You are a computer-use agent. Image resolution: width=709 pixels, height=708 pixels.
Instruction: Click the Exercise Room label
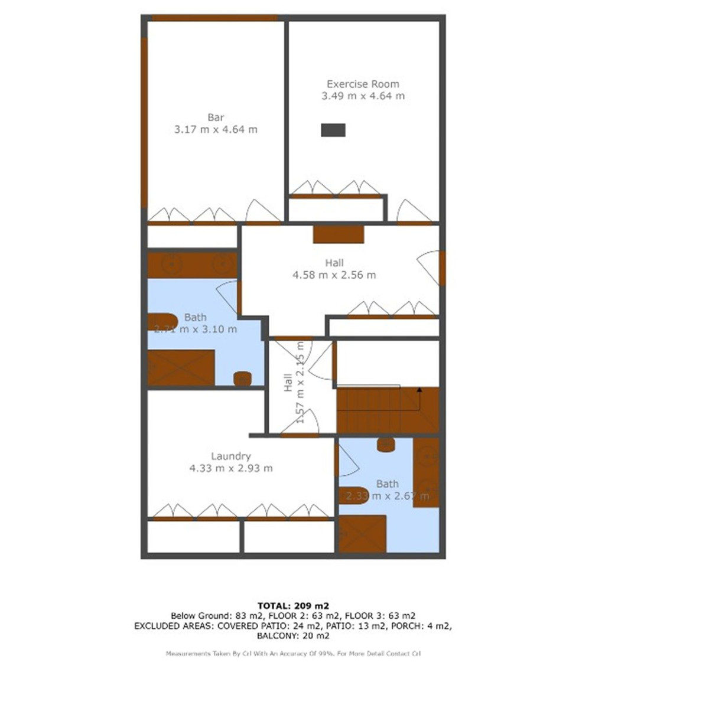pos(363,84)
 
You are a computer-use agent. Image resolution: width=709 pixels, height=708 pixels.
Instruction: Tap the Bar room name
pos(216,118)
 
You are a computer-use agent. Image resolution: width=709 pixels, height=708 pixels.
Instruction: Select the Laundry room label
pos(231,456)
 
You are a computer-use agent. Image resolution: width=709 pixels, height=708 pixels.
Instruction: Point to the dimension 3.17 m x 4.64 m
pos(216,129)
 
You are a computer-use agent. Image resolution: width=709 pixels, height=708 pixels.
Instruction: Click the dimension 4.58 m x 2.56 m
pos(334,275)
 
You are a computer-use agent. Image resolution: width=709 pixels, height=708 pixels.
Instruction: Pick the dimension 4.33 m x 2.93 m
pos(231,468)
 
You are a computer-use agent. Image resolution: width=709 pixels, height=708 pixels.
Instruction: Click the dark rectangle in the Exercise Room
pos(333,130)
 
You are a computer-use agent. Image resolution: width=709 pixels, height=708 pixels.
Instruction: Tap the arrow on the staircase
pos(419,390)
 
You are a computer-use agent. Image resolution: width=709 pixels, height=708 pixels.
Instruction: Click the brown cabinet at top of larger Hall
pos(339,234)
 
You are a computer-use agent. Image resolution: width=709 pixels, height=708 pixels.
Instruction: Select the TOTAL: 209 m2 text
pos(293,605)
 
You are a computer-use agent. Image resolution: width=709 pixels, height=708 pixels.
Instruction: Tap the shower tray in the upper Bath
pos(181,367)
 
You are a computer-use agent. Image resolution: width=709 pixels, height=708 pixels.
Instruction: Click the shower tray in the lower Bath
pos(362,534)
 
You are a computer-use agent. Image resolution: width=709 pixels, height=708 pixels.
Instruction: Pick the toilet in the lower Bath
pos(386,444)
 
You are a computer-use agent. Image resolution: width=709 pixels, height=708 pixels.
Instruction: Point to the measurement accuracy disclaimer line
pos(293,654)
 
